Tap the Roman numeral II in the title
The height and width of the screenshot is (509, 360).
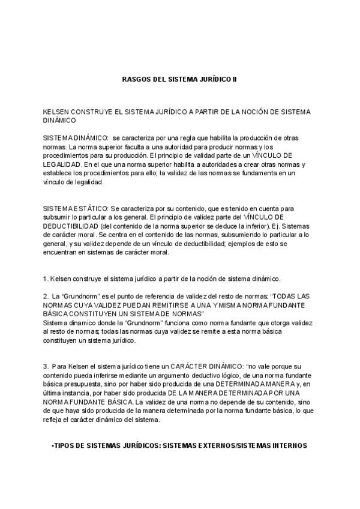pos(235,79)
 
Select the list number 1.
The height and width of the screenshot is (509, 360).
pos(45,279)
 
